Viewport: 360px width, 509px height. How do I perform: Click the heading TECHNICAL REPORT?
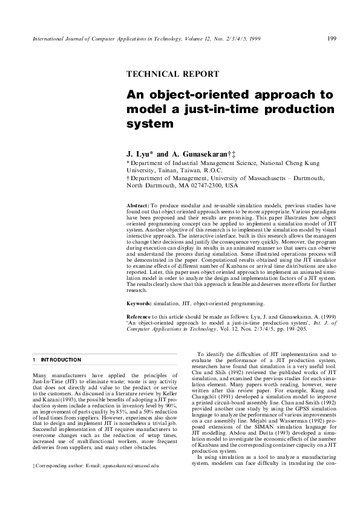172,74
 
